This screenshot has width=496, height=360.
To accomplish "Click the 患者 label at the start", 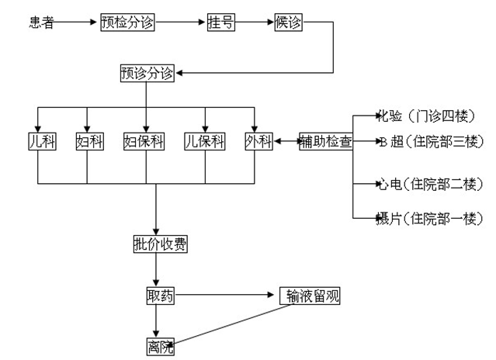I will (42, 22).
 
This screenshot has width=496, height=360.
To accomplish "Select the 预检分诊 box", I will (127, 22).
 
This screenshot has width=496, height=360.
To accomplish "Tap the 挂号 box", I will (220, 22).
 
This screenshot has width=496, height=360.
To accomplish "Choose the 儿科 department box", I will (38, 141).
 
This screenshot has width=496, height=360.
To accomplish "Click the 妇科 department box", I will (87, 141).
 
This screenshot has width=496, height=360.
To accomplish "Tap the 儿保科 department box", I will (204, 141).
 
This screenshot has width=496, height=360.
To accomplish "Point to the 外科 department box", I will (258, 141).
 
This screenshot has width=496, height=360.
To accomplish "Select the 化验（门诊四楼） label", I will (429, 116).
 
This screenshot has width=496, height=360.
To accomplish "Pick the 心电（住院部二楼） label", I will (429, 185).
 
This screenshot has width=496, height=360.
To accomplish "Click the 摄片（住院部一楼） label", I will (429, 219).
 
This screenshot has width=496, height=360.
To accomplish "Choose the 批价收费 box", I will (160, 245).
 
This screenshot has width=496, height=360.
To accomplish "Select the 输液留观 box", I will (309, 296).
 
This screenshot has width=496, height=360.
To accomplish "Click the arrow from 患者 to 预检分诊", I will (77, 22).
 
